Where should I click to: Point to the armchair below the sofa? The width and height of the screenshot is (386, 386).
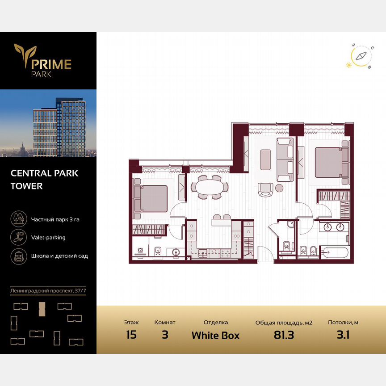click(264, 189)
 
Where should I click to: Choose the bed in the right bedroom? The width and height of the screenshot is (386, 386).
click(331, 162)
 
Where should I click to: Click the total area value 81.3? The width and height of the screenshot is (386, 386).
click(283, 335)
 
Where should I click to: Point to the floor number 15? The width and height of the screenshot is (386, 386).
click(131, 335)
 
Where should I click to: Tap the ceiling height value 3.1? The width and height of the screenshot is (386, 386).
click(343, 335)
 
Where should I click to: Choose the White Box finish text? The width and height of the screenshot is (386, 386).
click(215, 336)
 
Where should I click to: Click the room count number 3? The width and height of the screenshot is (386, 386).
click(165, 335)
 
